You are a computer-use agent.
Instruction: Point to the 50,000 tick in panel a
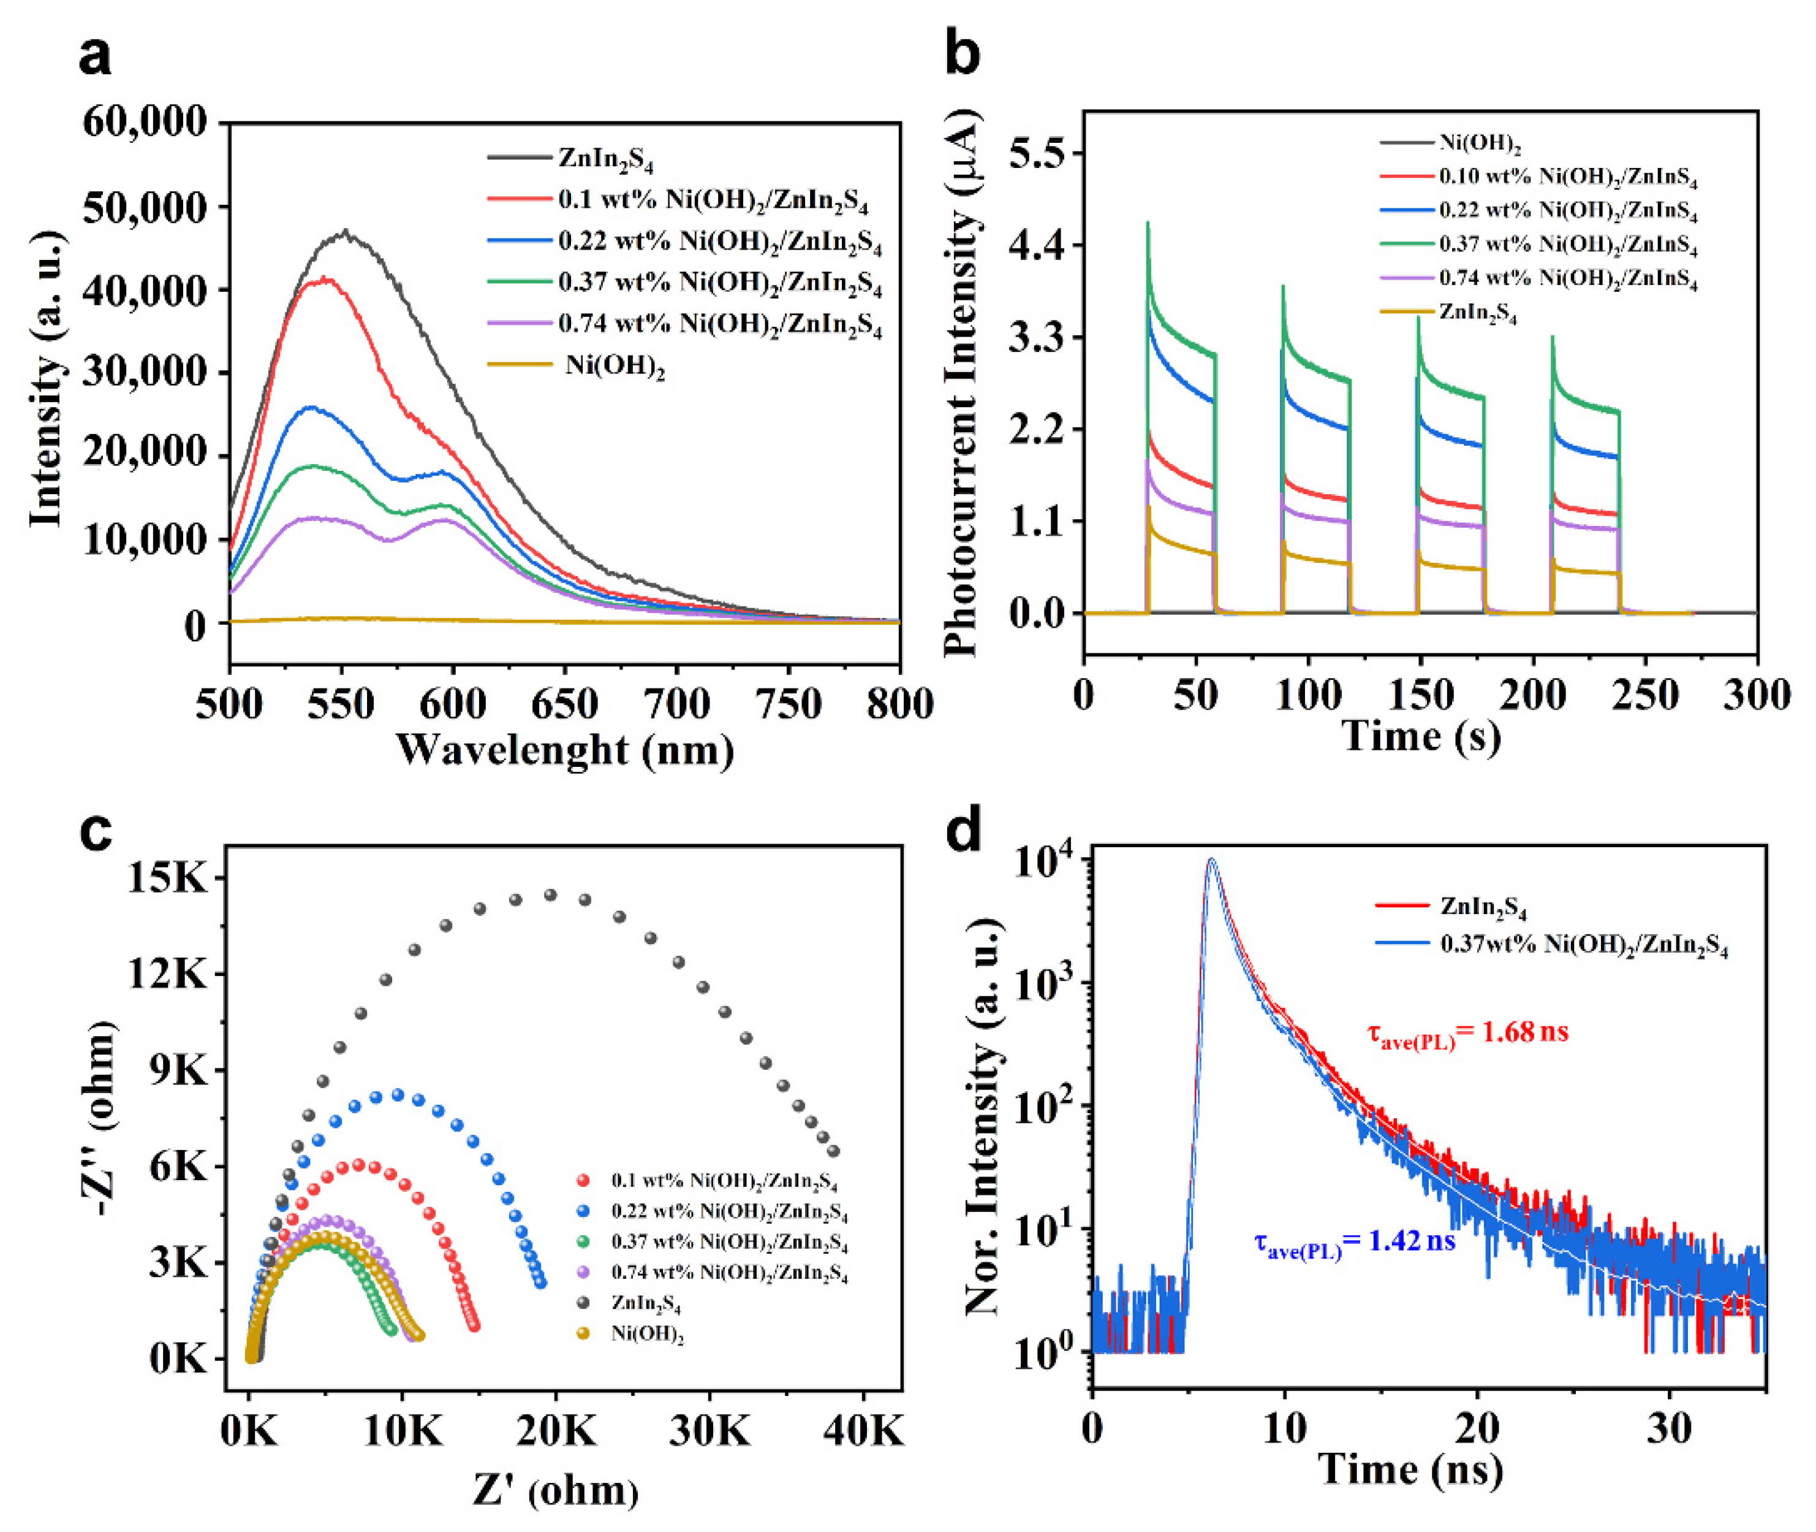(146, 208)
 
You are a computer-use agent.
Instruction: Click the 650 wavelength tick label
(564, 704)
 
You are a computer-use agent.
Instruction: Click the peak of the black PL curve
(346, 232)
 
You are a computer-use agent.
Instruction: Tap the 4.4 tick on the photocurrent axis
(1037, 246)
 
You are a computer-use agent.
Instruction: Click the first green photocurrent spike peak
(1148, 223)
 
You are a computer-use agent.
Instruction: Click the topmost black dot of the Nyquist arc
(550, 894)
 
